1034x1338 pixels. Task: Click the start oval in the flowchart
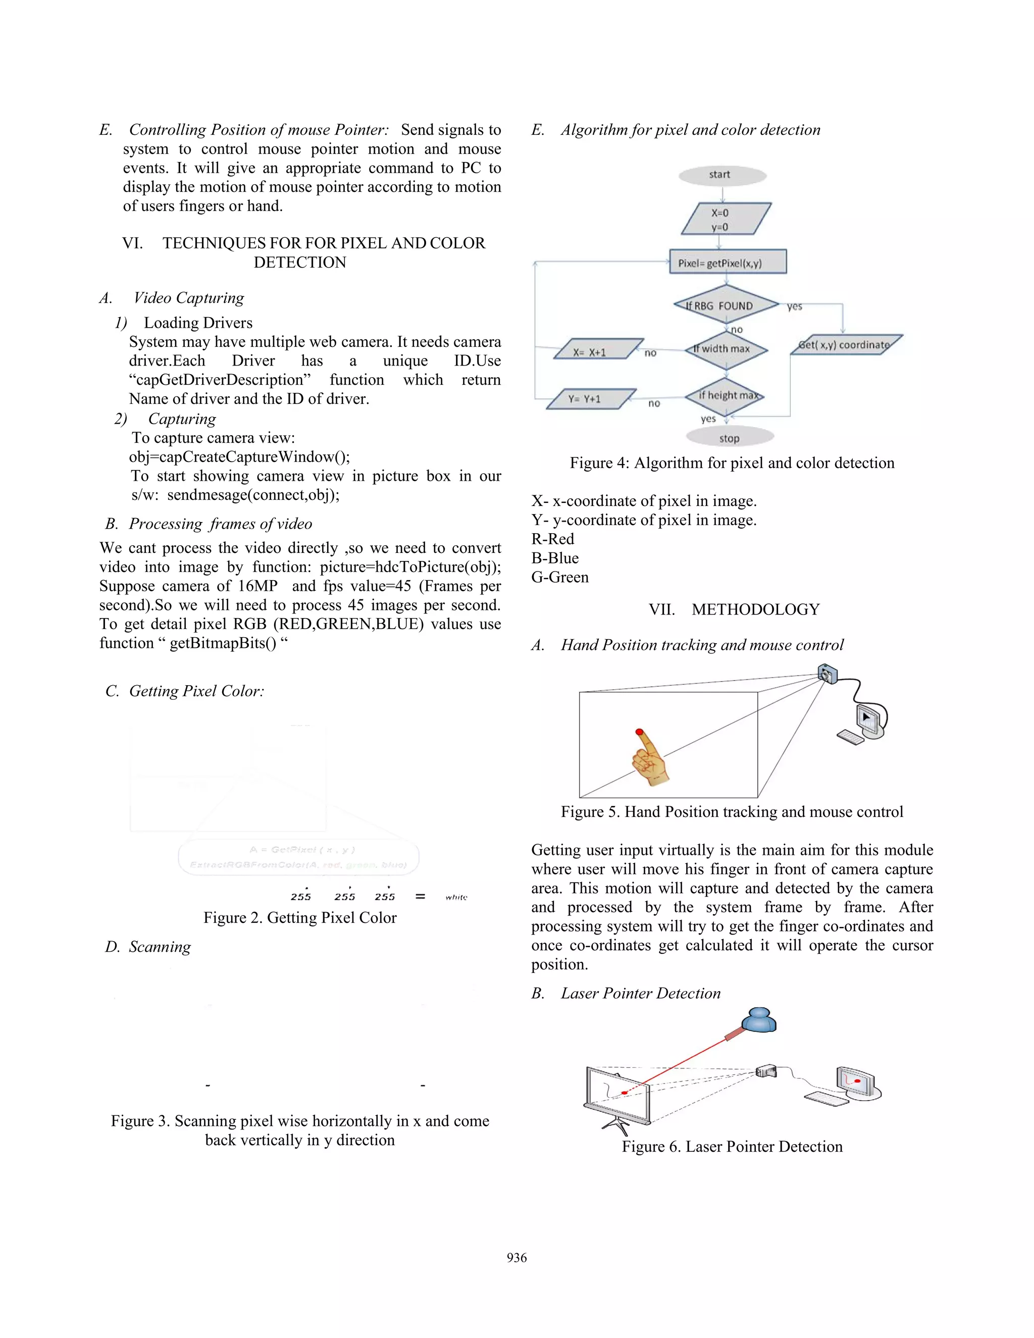click(721, 175)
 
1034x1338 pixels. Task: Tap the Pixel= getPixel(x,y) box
click(727, 262)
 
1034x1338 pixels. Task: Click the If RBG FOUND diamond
click(726, 305)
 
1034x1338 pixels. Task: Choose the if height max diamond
click(726, 396)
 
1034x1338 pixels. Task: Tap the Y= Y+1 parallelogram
click(591, 399)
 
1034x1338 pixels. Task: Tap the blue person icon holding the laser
click(758, 1020)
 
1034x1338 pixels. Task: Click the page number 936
click(516, 1258)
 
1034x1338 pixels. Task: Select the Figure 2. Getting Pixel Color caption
click(299, 917)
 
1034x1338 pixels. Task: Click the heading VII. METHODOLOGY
click(733, 609)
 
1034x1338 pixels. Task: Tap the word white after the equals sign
click(456, 897)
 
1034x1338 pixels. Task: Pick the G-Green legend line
click(560, 577)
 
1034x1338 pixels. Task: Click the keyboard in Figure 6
click(825, 1099)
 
